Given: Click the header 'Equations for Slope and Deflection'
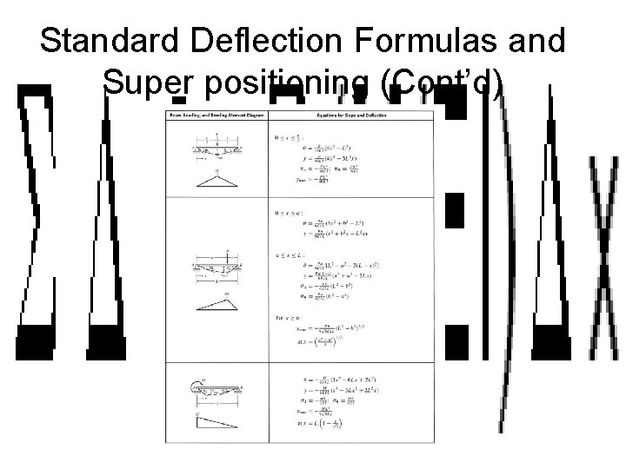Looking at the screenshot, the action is pyautogui.click(x=351, y=116).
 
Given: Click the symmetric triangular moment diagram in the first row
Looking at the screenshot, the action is pyautogui.click(x=216, y=177).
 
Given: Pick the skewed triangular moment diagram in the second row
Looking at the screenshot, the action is pyautogui.click(x=216, y=301).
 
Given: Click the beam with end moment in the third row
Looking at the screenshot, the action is pyautogui.click(x=216, y=389).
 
